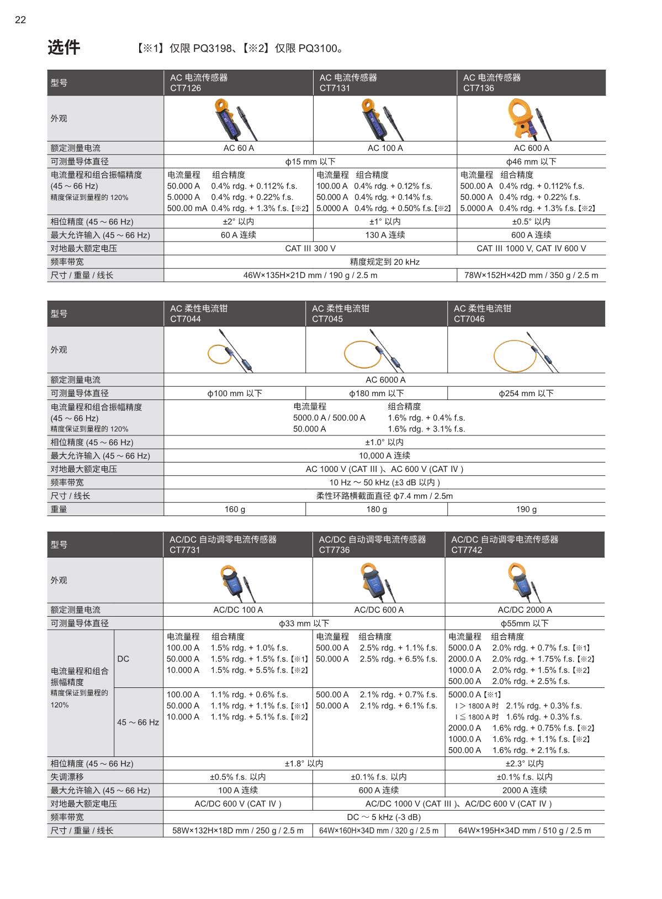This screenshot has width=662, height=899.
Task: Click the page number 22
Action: (x=20, y=20)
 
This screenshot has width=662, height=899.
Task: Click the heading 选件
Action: (x=63, y=48)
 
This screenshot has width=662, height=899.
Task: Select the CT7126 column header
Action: (x=238, y=83)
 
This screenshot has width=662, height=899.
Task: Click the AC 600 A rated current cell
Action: (x=531, y=148)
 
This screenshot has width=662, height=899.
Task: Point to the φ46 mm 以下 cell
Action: (x=531, y=161)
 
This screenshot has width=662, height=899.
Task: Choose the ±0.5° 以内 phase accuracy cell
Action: (x=531, y=222)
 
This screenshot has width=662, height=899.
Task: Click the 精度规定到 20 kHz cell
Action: (x=384, y=262)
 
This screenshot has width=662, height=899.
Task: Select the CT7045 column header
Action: (x=376, y=314)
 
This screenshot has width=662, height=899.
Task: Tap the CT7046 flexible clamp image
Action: (x=525, y=351)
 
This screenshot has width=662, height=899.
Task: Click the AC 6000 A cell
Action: (x=385, y=380)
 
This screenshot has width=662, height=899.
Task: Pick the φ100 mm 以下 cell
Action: (x=235, y=393)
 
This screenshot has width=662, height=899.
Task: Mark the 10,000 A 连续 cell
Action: (x=384, y=456)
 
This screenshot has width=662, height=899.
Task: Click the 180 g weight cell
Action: (x=377, y=509)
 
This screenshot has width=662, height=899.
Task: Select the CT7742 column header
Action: (x=524, y=545)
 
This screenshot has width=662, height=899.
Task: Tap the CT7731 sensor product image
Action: (x=237, y=581)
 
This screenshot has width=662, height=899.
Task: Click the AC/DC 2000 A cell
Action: (x=525, y=610)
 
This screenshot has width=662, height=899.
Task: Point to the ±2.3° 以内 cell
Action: (x=525, y=764)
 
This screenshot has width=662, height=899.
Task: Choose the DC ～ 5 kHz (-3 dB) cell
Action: (x=384, y=817)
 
